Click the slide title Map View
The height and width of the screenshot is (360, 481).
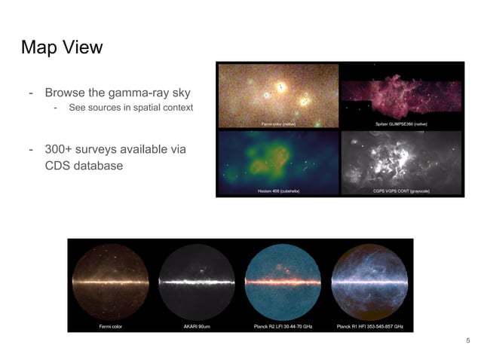(62, 47)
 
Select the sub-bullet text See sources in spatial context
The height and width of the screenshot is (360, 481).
(130, 108)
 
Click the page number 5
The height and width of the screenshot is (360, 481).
(467, 342)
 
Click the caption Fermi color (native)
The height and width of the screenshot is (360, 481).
(278, 123)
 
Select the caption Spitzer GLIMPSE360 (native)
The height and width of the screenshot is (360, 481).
(401, 123)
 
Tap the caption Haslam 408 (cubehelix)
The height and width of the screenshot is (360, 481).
(278, 191)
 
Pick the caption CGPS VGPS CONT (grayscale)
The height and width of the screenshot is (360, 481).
(401, 191)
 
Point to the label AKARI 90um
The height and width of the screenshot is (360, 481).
(198, 327)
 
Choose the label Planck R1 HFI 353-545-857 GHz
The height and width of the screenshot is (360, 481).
(370, 327)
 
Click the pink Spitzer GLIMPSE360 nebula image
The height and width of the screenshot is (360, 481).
(401, 94)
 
